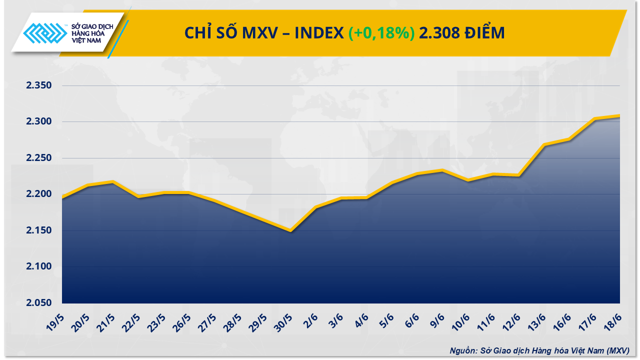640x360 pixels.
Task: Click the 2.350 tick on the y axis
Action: click(39, 85)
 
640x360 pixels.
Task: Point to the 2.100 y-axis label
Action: click(39, 266)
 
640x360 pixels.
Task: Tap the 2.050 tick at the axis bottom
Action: click(39, 303)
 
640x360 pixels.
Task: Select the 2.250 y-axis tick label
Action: click(39, 158)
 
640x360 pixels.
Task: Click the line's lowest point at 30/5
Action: click(290, 230)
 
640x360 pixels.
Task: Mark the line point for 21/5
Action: click(113, 181)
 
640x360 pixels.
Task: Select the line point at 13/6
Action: click(544, 144)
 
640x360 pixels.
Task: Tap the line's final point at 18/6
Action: click(619, 116)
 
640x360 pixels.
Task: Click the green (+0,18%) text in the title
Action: click(381, 33)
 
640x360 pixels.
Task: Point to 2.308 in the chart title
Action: click(438, 33)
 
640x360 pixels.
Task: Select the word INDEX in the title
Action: click(319, 33)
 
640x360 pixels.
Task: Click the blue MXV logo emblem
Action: click(45, 34)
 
